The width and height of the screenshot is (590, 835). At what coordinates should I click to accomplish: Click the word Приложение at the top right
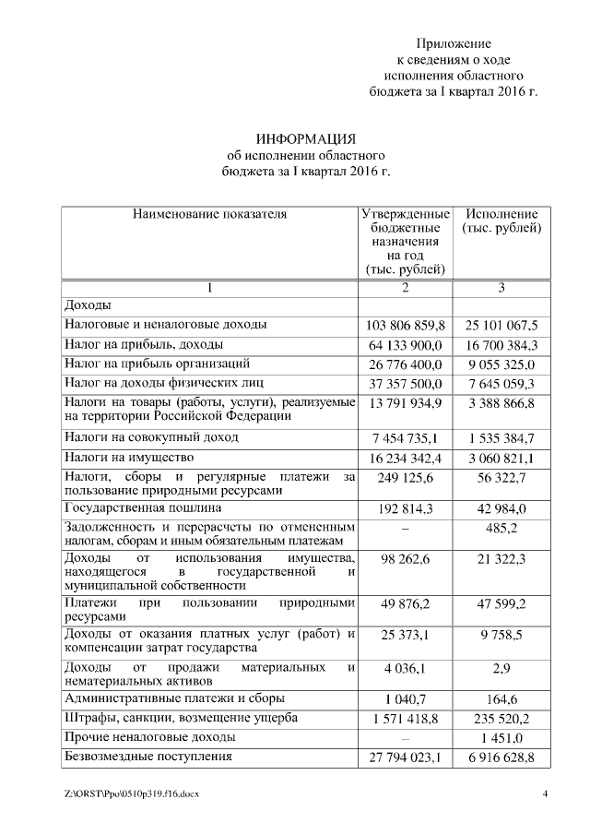(x=454, y=43)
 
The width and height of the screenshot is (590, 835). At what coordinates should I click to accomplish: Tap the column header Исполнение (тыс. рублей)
(x=501, y=221)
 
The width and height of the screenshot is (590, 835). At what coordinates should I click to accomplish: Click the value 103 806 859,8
(x=406, y=325)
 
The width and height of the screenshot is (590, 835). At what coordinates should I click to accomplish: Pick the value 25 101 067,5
(x=501, y=325)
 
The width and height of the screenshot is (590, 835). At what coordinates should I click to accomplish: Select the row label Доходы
(x=88, y=304)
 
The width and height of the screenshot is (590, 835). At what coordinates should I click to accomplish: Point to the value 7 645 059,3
(x=501, y=383)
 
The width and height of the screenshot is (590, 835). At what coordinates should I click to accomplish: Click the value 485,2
(x=501, y=529)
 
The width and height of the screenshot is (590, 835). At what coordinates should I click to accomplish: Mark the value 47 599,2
(x=501, y=603)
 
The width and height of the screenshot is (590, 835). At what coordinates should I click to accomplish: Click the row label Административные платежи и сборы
(x=173, y=698)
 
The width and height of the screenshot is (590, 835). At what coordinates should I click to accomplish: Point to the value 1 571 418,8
(x=406, y=719)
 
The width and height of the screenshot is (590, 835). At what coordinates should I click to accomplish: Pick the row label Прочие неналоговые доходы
(x=149, y=738)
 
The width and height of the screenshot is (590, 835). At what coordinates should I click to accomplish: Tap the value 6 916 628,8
(x=501, y=758)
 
